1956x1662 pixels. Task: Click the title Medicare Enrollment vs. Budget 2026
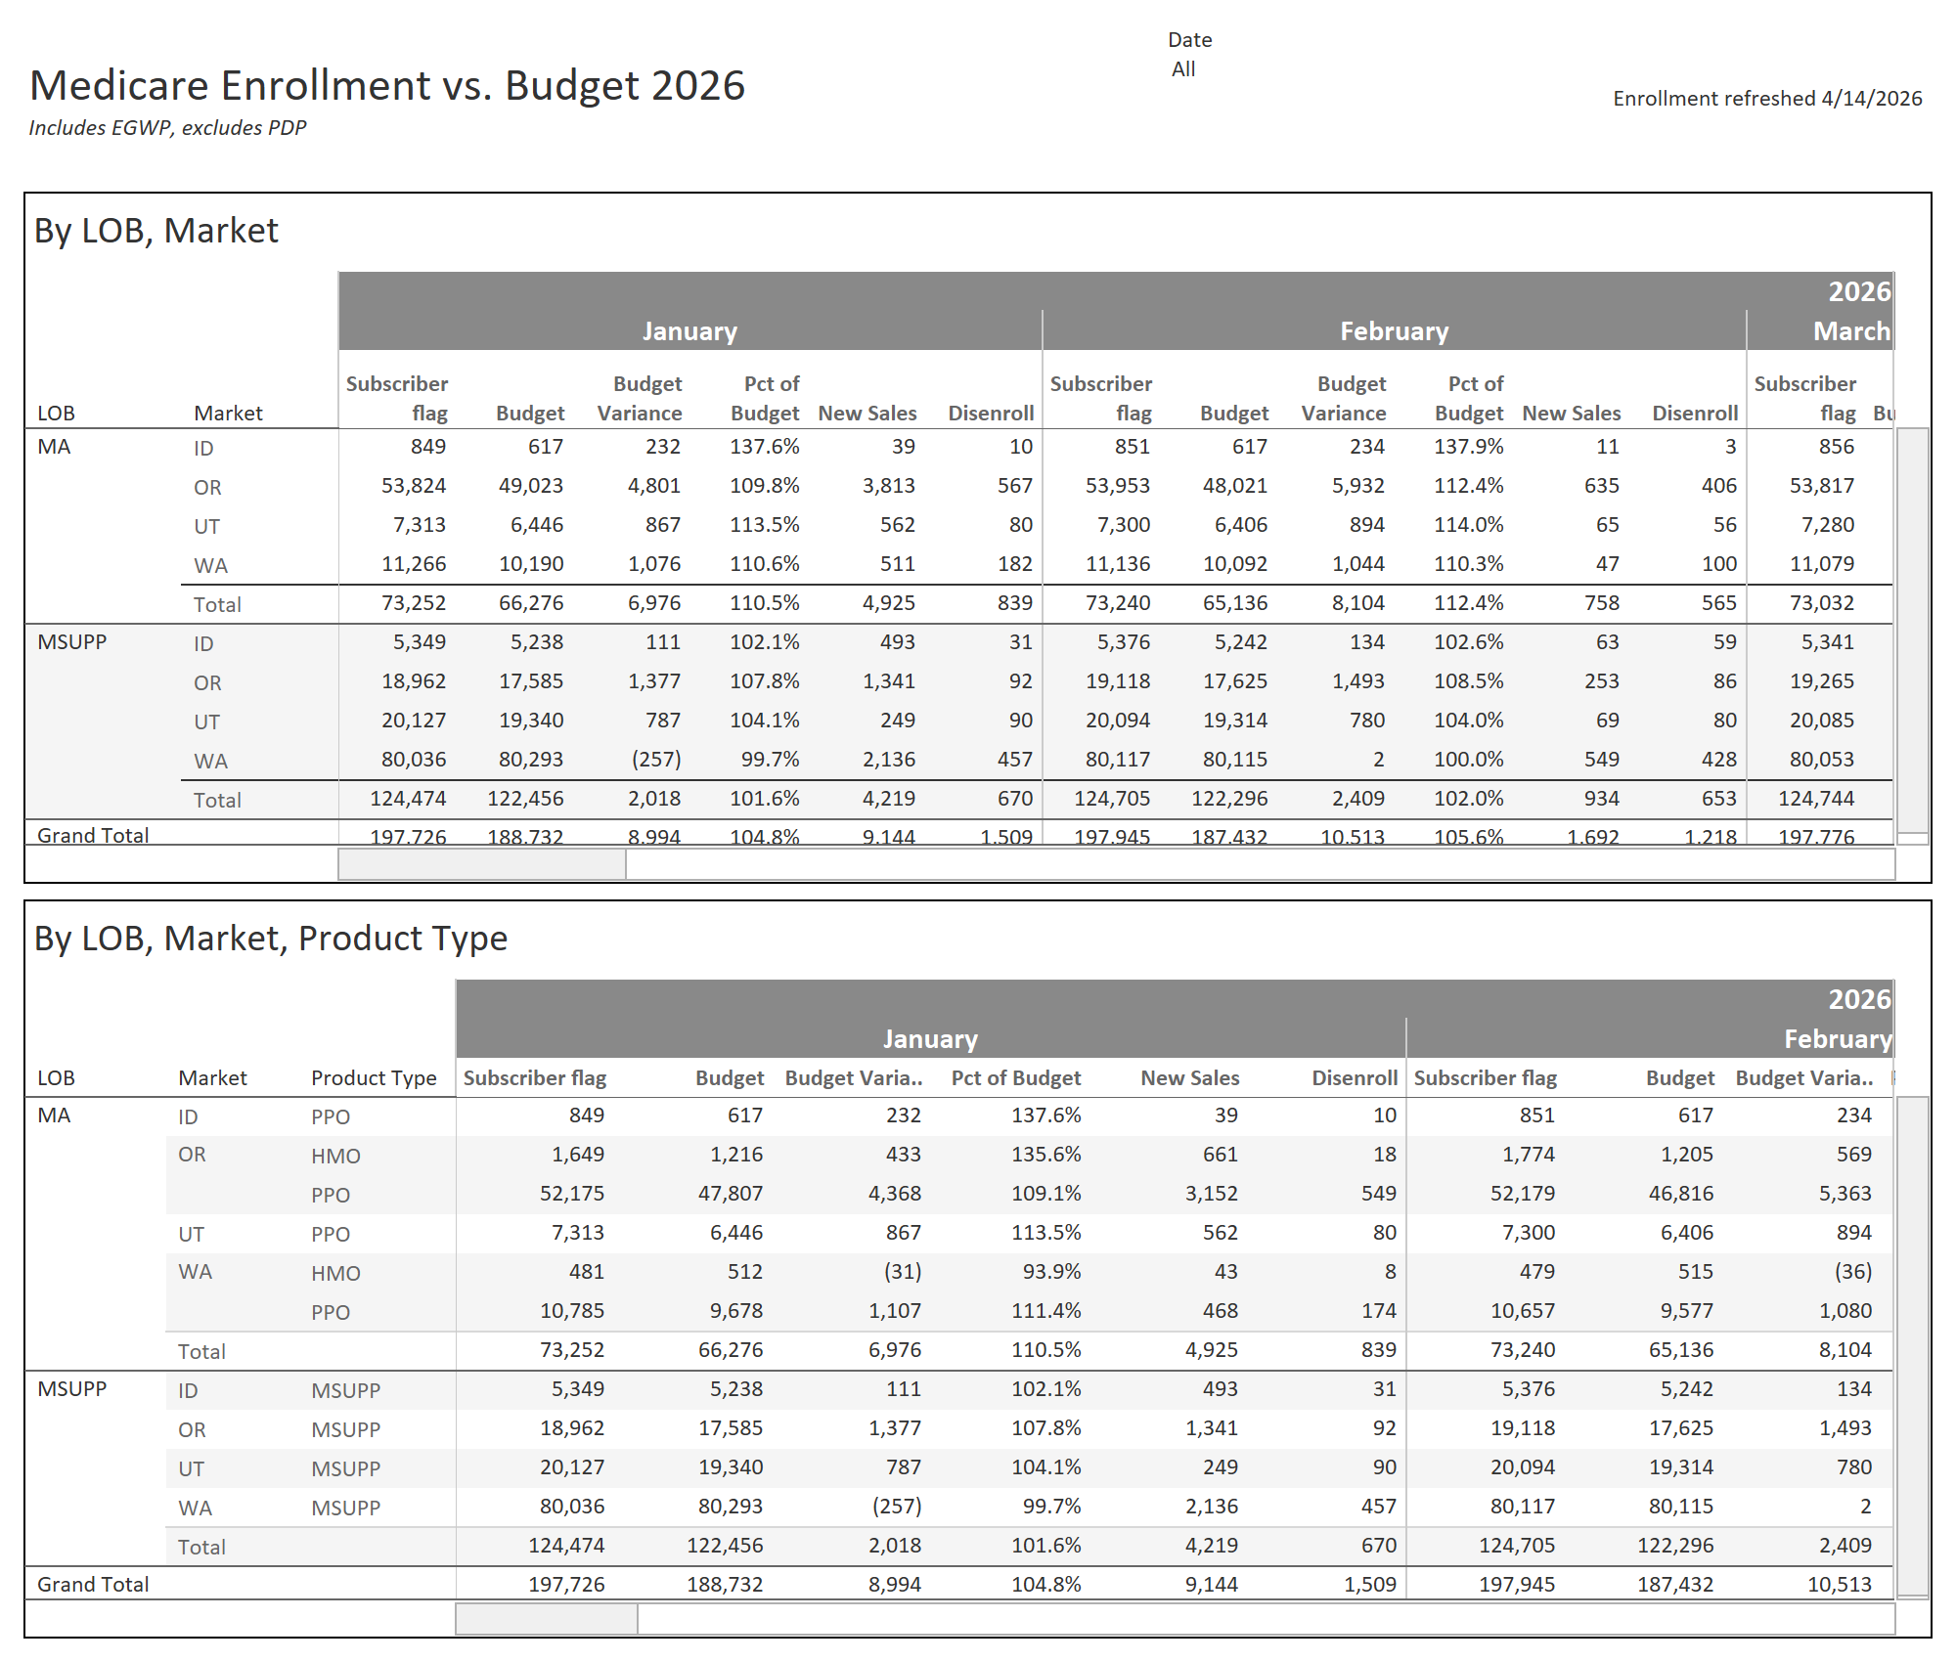[x=387, y=86]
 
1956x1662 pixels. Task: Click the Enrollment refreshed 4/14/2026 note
[x=1766, y=99]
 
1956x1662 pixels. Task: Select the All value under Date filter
[x=1183, y=69]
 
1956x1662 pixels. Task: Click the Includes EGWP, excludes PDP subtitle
[x=167, y=128]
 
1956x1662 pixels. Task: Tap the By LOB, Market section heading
[x=156, y=231]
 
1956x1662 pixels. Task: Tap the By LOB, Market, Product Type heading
[x=271, y=939]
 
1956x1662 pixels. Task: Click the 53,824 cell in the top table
[x=414, y=486]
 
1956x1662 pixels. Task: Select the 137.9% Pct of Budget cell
[x=1468, y=447]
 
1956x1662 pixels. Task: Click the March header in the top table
[x=1850, y=331]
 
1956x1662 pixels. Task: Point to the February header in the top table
[x=1394, y=331]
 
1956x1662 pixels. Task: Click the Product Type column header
[x=374, y=1078]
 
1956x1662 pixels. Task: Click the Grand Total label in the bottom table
[x=93, y=1585]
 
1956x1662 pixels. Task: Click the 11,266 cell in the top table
[x=414, y=564]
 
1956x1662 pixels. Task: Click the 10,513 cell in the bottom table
[x=1839, y=1585]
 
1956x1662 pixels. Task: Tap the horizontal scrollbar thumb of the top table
[x=482, y=864]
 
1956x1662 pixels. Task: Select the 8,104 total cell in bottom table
[x=1845, y=1350]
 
